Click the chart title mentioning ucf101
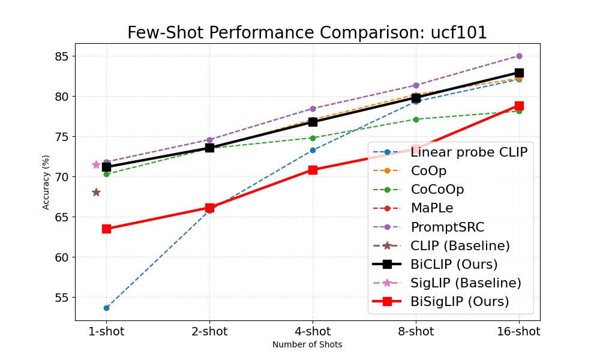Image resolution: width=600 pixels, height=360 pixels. tap(307, 33)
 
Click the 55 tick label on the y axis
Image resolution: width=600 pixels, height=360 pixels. tap(62, 298)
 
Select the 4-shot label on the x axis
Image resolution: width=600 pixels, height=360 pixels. tap(313, 331)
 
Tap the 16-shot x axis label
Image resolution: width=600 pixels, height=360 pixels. tap(518, 331)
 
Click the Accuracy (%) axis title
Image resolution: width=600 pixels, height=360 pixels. tap(46, 182)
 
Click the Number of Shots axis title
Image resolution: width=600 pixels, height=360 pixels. tap(307, 345)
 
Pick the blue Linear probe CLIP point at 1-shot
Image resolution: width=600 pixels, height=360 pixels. tap(106, 308)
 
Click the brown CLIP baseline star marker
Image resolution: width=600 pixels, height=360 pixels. tap(96, 192)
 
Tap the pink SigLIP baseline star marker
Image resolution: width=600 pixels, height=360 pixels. tap(96, 164)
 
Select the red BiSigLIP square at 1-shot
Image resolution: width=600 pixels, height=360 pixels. tap(106, 229)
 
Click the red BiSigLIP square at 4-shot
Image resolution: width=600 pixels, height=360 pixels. tap(313, 170)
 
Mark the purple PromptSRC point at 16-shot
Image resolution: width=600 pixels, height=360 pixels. tap(519, 56)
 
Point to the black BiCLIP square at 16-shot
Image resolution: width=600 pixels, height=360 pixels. tap(519, 73)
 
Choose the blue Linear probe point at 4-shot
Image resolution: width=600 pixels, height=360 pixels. tap(313, 150)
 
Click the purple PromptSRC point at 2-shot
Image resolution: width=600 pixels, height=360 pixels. tap(209, 140)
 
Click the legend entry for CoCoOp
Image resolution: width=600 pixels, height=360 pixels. tap(437, 190)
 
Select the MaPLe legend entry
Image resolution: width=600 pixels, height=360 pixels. tap(432, 208)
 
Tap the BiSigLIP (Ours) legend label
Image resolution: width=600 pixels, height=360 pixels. tap(460, 301)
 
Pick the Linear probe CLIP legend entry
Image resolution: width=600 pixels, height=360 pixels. tap(469, 152)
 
